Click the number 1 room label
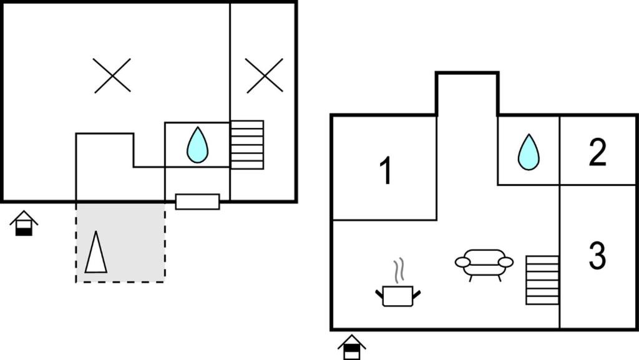pos(386,170)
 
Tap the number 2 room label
pos(597,152)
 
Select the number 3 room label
pos(597,255)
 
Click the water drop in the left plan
pos(197,145)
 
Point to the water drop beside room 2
pos(529,152)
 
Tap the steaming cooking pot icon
pos(398,283)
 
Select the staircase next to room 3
pos(542,280)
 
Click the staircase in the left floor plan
pos(247,145)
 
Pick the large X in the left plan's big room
pos(112,75)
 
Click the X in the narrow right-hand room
pos(264,75)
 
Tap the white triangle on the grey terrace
pos(95,252)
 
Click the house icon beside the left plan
pos(24,223)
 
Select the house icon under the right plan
pos(352,348)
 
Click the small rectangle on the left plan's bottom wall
pos(198,202)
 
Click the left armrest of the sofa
pos(462,262)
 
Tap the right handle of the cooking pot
pos(416,294)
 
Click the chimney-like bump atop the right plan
pos(467,94)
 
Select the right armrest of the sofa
pos(505,262)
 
